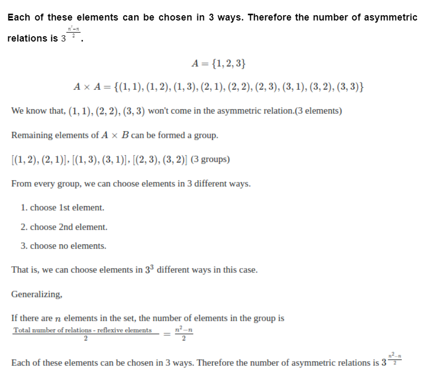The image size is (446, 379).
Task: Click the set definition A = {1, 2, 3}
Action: coord(219,64)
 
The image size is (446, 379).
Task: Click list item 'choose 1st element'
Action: coord(63,208)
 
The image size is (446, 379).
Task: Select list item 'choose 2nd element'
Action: coord(64,227)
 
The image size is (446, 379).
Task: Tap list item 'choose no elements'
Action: coord(64,246)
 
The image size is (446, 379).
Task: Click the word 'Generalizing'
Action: coord(36,294)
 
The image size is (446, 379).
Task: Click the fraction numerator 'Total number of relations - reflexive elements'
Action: coord(83,330)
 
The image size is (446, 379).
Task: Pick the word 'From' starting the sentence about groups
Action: coord(21,185)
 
